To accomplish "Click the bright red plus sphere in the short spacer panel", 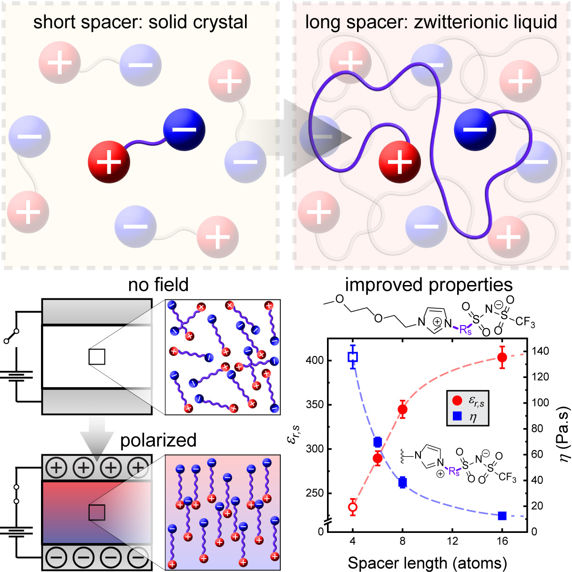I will click(x=109, y=162).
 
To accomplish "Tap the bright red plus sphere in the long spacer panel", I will click(x=399, y=162).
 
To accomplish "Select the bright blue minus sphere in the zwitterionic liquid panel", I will click(x=475, y=129).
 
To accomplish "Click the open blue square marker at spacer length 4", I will click(x=353, y=357).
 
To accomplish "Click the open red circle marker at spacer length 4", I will click(x=353, y=507).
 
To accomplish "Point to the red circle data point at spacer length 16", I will click(x=502, y=357).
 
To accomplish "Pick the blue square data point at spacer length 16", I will click(x=502, y=516).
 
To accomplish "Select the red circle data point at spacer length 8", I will click(x=403, y=409).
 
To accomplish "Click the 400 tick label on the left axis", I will click(x=315, y=360).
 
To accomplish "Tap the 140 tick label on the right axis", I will click(x=540, y=351).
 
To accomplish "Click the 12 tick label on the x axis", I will click(x=452, y=541).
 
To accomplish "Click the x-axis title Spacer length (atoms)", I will click(x=427, y=563).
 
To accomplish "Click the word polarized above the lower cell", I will click(x=158, y=439).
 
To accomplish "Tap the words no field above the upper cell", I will click(x=158, y=285).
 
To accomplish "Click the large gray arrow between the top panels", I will click(x=315, y=137).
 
